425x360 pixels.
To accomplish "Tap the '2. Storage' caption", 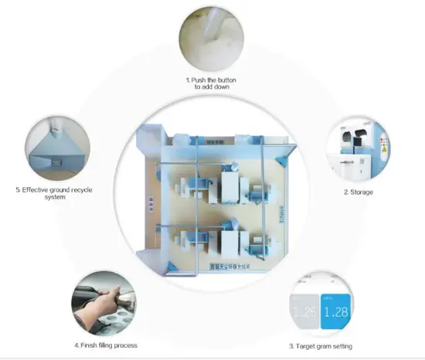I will (x=359, y=192).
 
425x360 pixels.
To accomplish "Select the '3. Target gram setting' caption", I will (x=321, y=346).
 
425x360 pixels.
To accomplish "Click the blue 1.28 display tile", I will (x=335, y=313).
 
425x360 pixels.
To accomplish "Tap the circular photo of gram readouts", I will (x=320, y=306).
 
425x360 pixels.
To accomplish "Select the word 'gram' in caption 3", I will (x=327, y=346).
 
